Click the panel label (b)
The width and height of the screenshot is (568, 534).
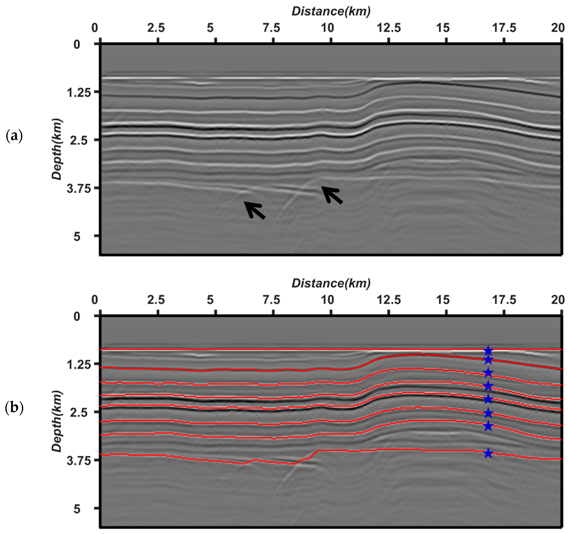[x=14, y=408]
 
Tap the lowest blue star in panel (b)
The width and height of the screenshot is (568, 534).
[x=488, y=453]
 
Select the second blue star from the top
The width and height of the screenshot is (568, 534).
[x=488, y=360]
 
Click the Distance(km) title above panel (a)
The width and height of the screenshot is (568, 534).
[x=331, y=11]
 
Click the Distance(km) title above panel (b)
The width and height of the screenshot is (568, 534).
[x=331, y=283]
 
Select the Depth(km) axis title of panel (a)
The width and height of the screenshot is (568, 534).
[x=57, y=149]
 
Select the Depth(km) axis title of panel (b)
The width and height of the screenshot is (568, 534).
[x=57, y=421]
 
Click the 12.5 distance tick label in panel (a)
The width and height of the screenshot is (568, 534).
[x=388, y=28]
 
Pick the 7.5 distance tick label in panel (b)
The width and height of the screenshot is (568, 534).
[x=271, y=300]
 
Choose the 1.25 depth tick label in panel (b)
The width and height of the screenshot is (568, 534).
[x=79, y=365]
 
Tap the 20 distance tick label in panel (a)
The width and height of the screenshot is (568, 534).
[x=558, y=28]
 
